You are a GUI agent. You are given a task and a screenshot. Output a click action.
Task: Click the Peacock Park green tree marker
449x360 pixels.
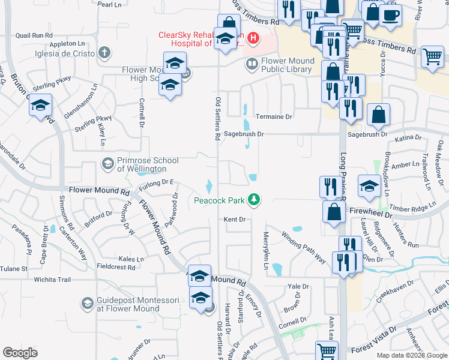[x=255, y=199]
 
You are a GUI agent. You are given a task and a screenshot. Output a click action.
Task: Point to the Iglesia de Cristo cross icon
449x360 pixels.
[x=104, y=53]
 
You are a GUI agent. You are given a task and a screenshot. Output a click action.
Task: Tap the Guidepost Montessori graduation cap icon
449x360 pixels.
[x=87, y=303]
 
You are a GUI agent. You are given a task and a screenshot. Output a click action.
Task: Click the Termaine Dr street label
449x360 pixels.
[x=273, y=116]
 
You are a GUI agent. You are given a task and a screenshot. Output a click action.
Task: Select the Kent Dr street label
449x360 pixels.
[x=235, y=220]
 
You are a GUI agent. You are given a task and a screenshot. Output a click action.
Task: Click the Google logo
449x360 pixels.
[x=20, y=352]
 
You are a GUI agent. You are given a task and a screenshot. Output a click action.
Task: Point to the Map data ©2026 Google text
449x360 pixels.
[x=411, y=355]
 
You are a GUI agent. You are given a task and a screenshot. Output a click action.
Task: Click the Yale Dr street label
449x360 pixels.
[x=298, y=286]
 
